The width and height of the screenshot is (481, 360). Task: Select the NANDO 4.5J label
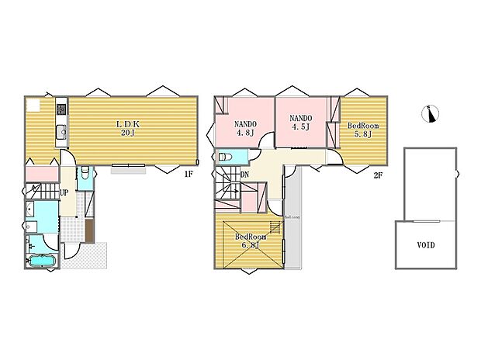299,123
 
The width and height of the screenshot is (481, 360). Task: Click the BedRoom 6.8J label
251,241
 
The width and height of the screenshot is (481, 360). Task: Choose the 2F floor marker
378,175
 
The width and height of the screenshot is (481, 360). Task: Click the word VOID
425,245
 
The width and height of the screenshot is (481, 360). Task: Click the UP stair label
62,192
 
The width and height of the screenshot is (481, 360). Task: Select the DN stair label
244,175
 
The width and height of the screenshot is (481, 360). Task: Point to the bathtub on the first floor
40,261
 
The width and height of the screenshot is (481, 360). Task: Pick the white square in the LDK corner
33,106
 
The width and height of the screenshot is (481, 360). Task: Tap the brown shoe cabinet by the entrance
91,230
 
